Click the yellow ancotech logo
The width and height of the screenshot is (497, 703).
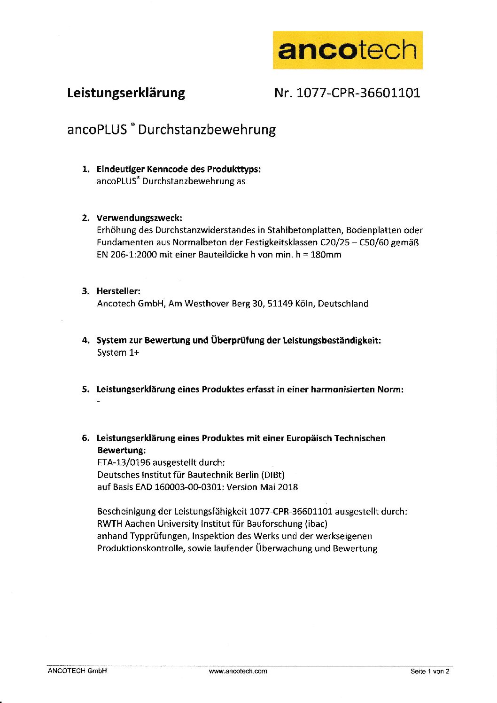pos(348,50)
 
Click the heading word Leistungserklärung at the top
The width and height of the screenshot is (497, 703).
pos(126,93)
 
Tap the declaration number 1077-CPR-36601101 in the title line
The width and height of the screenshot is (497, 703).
pos(358,93)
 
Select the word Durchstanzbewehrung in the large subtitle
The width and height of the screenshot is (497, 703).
pos(207,129)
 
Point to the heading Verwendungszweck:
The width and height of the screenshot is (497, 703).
pos(139,218)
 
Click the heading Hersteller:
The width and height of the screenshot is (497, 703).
pos(118,291)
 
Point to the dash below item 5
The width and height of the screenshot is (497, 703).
pos(99,402)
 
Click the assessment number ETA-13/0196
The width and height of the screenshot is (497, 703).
pos(124,462)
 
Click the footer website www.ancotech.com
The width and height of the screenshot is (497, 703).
pos(238,671)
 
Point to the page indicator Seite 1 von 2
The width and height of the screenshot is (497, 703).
pos(430,671)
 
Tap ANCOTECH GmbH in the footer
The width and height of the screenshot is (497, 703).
pos(77,671)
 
